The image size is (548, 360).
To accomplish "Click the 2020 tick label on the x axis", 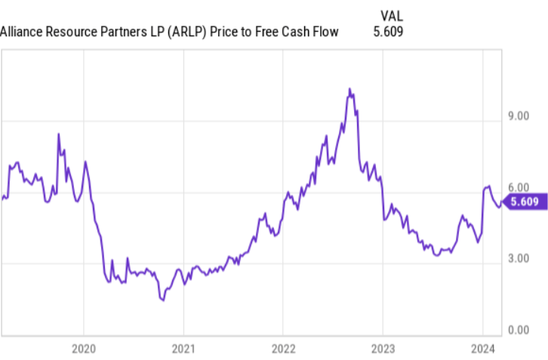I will coord(82,349).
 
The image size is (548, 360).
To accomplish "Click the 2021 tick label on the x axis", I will coord(183,349).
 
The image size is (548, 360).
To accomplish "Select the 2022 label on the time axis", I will coord(282,349).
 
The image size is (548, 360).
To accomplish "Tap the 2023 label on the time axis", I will coord(382,349).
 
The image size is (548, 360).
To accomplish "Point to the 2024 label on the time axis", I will coord(483,349).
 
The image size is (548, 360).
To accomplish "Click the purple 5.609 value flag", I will coord(522,202).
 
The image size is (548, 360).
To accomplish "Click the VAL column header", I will coord(392,15).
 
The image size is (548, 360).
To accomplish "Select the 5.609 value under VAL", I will coord(388,32).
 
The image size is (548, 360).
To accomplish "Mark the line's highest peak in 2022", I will coord(349,89).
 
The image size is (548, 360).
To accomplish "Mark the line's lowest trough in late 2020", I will coord(162,300).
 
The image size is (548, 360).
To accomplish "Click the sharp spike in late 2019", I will coord(58,134).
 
